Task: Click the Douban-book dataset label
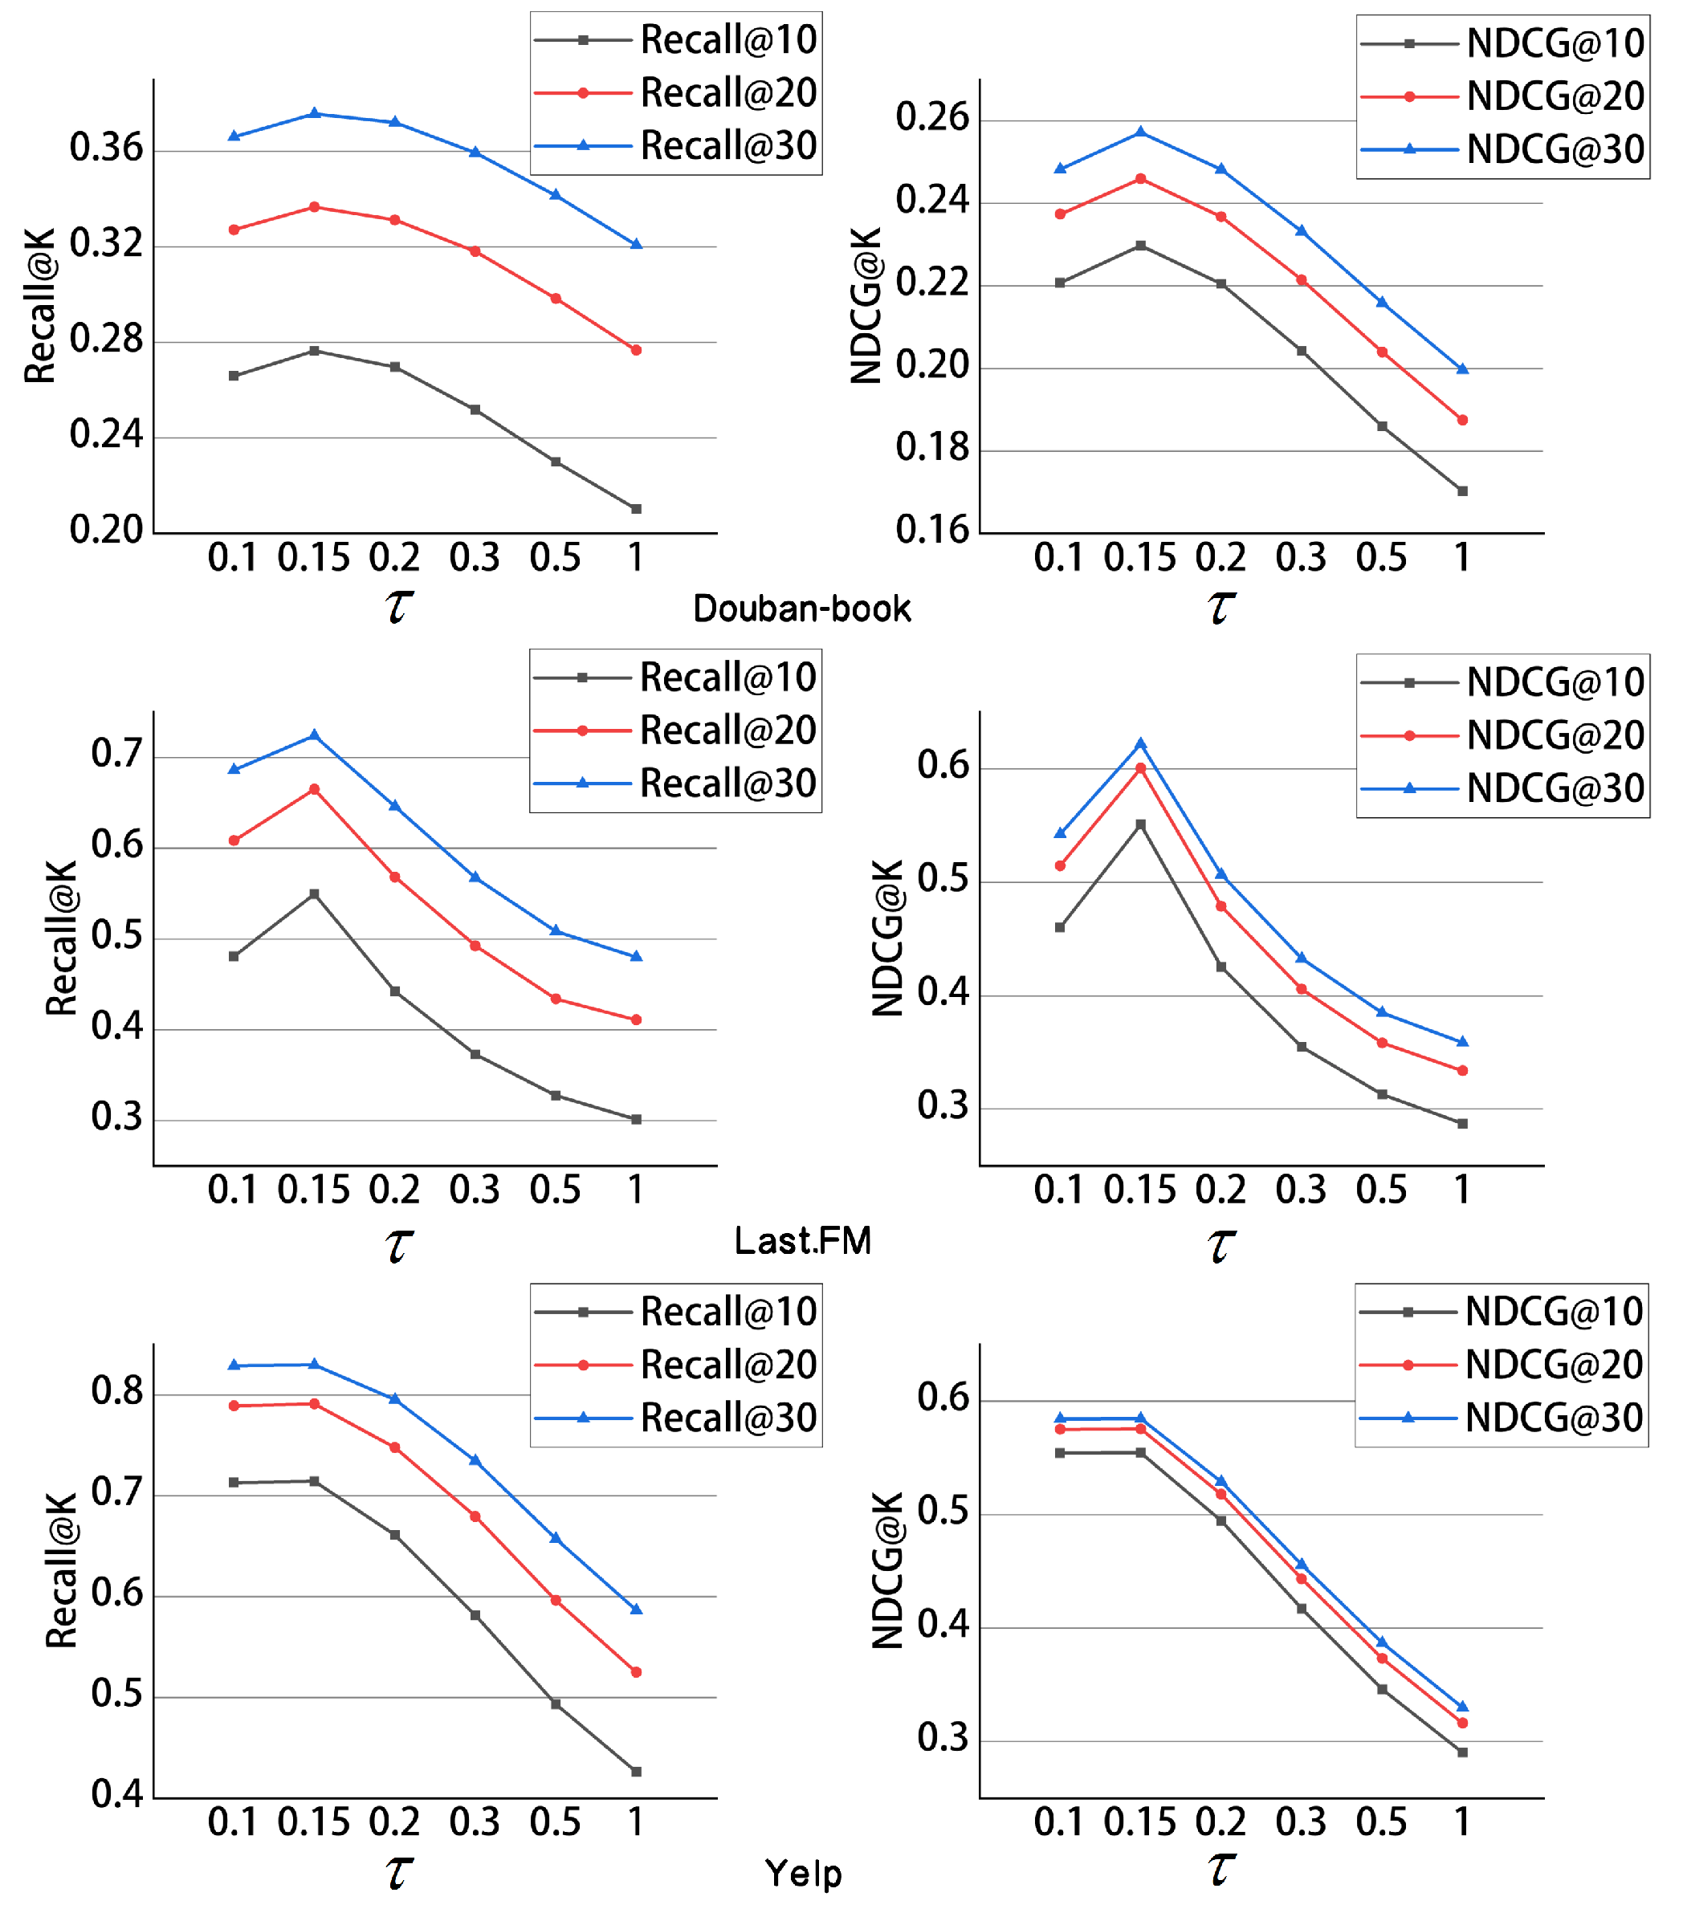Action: click(801, 608)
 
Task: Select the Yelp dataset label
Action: click(803, 1873)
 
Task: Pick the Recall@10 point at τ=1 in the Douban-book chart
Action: click(636, 508)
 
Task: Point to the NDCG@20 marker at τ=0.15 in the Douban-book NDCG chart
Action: click(1141, 178)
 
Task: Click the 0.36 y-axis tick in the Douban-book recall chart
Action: click(106, 149)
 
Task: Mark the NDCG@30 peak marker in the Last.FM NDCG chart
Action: click(1141, 743)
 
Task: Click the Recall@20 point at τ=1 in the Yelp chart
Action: click(636, 1671)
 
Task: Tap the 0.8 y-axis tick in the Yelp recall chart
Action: click(117, 1391)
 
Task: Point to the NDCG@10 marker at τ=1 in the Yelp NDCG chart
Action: click(1462, 1752)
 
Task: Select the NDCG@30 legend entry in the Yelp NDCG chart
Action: click(1501, 1417)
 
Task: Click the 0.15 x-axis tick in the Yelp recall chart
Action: click(313, 1821)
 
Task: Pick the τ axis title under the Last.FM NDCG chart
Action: click(1220, 1245)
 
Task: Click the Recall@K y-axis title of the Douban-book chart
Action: click(40, 306)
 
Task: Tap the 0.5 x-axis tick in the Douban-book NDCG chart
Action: click(1381, 558)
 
